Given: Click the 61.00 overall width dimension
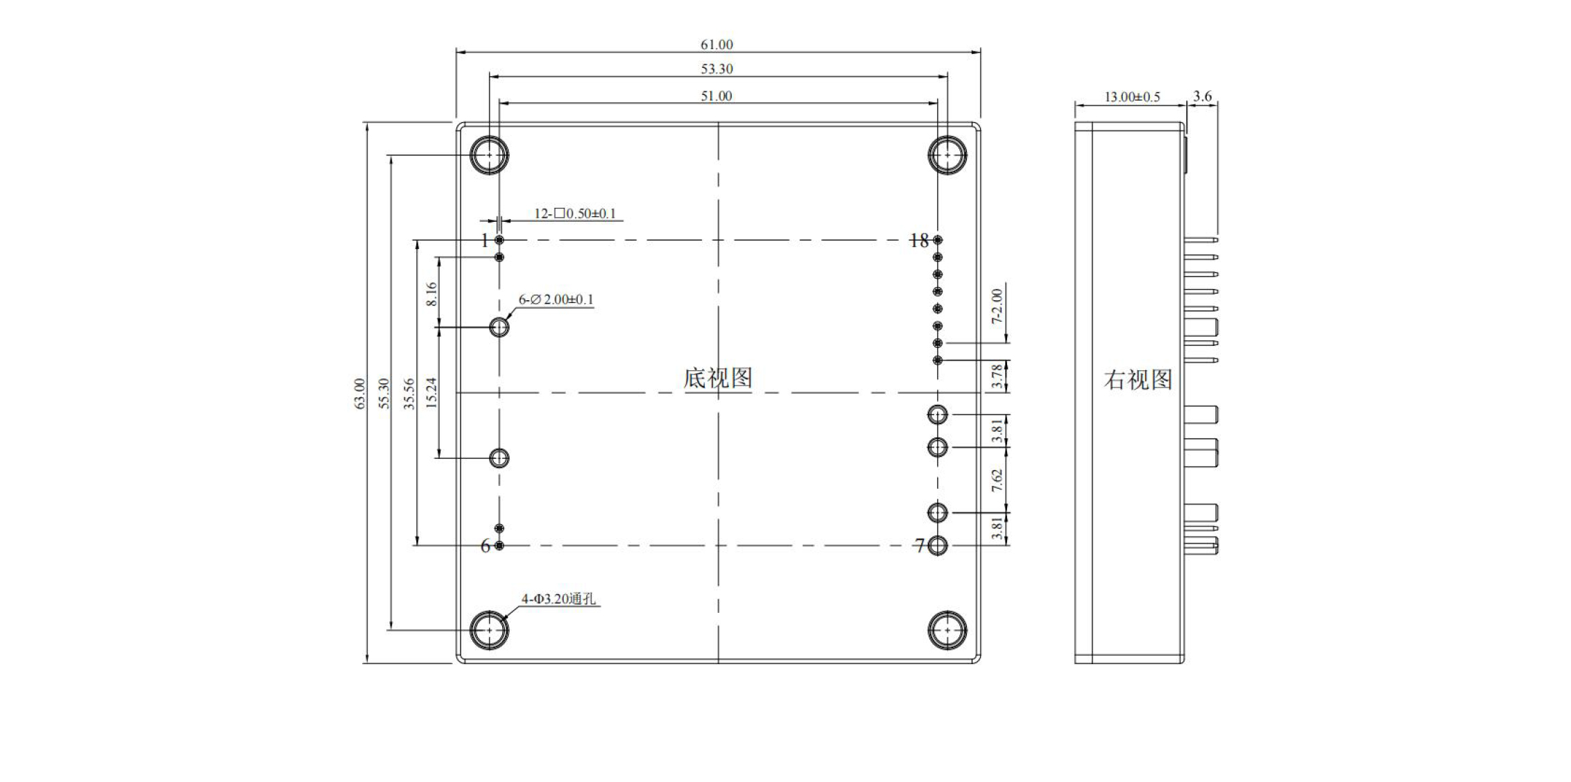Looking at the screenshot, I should click(x=716, y=45).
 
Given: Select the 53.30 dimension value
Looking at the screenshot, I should click(x=716, y=69).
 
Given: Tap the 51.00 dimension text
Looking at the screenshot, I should click(x=716, y=96).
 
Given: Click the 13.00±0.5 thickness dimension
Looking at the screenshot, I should click(x=1132, y=97).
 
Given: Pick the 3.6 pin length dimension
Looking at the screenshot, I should click(x=1203, y=96).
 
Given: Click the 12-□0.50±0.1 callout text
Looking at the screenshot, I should click(x=574, y=214).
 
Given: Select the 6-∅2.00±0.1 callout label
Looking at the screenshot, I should click(x=556, y=299).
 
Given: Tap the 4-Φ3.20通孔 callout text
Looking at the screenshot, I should click(x=558, y=599).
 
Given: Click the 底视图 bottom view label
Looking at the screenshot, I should click(x=718, y=379).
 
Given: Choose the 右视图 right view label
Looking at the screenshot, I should click(x=1138, y=380).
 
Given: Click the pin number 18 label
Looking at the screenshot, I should click(x=918, y=241).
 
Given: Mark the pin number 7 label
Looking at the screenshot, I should click(x=920, y=546).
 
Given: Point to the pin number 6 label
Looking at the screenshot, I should click(x=486, y=546).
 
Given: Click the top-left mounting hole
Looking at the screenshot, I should click(x=489, y=155).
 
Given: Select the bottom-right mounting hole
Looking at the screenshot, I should click(x=947, y=630).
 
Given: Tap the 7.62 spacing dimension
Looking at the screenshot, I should click(x=997, y=480).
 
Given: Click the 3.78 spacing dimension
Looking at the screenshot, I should click(x=997, y=376).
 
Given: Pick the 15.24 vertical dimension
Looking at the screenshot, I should click(x=431, y=392).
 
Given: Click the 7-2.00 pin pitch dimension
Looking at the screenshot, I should click(x=997, y=306).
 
